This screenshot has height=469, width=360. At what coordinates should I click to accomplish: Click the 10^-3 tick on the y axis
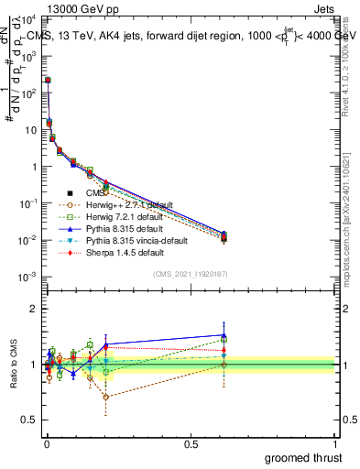[27, 277]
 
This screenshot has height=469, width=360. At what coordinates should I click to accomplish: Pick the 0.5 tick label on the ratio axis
[28, 421]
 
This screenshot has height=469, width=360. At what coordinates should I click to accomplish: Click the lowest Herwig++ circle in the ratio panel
[106, 397]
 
